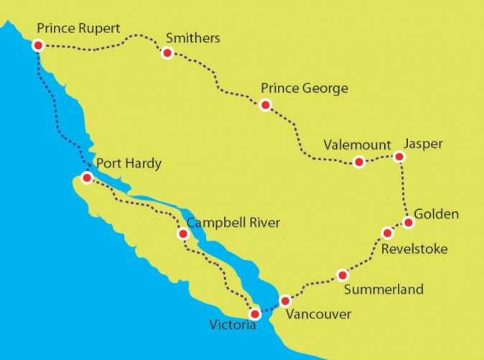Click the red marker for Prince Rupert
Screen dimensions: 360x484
click(x=37, y=45)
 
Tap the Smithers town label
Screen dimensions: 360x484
click(x=192, y=37)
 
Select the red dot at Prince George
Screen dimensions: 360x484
click(x=265, y=106)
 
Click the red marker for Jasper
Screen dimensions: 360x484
click(x=400, y=157)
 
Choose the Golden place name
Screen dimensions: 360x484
click(x=435, y=214)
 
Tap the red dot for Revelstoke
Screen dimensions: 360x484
click(x=387, y=233)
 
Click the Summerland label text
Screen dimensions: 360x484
click(x=383, y=290)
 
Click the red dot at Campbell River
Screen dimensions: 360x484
click(x=183, y=234)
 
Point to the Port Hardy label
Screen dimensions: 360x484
click(x=129, y=164)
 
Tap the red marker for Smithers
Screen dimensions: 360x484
click(x=167, y=53)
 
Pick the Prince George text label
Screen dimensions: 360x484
click(x=304, y=88)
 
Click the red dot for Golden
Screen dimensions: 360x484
click(x=409, y=223)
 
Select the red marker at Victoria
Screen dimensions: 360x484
click(x=254, y=314)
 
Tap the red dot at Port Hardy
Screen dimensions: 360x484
click(x=87, y=177)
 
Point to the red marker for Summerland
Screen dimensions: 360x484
click(x=343, y=275)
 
